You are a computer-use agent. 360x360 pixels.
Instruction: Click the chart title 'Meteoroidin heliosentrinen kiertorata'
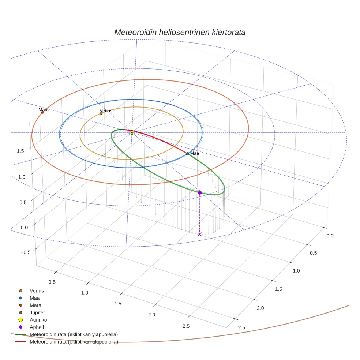click(180, 32)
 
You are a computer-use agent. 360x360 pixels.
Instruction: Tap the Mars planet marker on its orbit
click(43, 112)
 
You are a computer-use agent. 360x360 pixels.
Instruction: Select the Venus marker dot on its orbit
click(101, 113)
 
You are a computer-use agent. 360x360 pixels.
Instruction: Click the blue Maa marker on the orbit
click(187, 154)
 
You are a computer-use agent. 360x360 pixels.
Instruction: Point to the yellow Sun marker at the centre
click(132, 132)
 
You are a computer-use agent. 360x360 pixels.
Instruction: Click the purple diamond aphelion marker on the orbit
click(200, 192)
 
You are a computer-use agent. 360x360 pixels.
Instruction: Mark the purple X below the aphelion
click(199, 234)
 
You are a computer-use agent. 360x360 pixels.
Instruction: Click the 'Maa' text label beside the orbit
click(195, 153)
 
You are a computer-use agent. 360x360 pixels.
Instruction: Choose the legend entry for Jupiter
click(37, 312)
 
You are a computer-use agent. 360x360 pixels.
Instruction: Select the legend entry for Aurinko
click(38, 320)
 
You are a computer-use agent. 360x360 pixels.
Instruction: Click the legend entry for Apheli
click(37, 327)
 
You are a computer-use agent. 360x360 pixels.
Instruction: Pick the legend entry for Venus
click(37, 290)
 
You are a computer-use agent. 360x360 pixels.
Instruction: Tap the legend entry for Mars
click(35, 305)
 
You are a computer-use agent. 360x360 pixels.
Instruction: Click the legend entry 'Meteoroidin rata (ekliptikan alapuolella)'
click(74, 342)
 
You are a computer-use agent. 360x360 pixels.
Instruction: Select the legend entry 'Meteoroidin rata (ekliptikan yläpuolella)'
click(74, 334)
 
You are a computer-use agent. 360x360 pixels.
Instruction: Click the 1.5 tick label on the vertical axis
click(21, 151)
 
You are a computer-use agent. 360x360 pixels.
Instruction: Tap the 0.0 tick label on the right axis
click(330, 236)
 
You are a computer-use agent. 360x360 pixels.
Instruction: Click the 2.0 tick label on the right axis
click(260, 308)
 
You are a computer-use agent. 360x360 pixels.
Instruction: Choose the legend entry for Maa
click(35, 298)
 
